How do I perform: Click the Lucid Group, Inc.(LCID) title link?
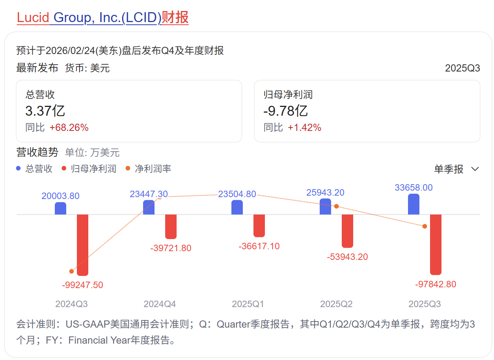(x=102, y=18)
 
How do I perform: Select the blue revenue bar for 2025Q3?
(x=413, y=205)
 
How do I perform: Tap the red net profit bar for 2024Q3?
(x=83, y=245)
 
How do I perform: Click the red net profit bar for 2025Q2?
(x=347, y=231)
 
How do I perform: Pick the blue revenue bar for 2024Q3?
(x=61, y=209)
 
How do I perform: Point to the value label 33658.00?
(x=413, y=188)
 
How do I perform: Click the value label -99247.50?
(x=82, y=285)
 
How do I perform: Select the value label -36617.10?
(x=259, y=246)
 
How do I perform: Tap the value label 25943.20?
(x=325, y=193)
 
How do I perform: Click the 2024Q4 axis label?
(x=159, y=304)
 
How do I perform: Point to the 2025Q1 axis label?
(x=248, y=304)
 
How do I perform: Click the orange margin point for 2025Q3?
(x=425, y=226)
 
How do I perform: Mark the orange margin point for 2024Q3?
(x=72, y=271)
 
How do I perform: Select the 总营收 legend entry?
(x=35, y=169)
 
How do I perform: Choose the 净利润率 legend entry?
(x=148, y=169)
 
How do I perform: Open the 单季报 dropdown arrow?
(x=475, y=169)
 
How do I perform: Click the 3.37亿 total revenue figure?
(x=45, y=111)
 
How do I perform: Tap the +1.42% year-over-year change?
(x=304, y=127)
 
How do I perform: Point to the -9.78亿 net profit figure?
(x=285, y=111)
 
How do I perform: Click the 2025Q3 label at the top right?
(x=462, y=68)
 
